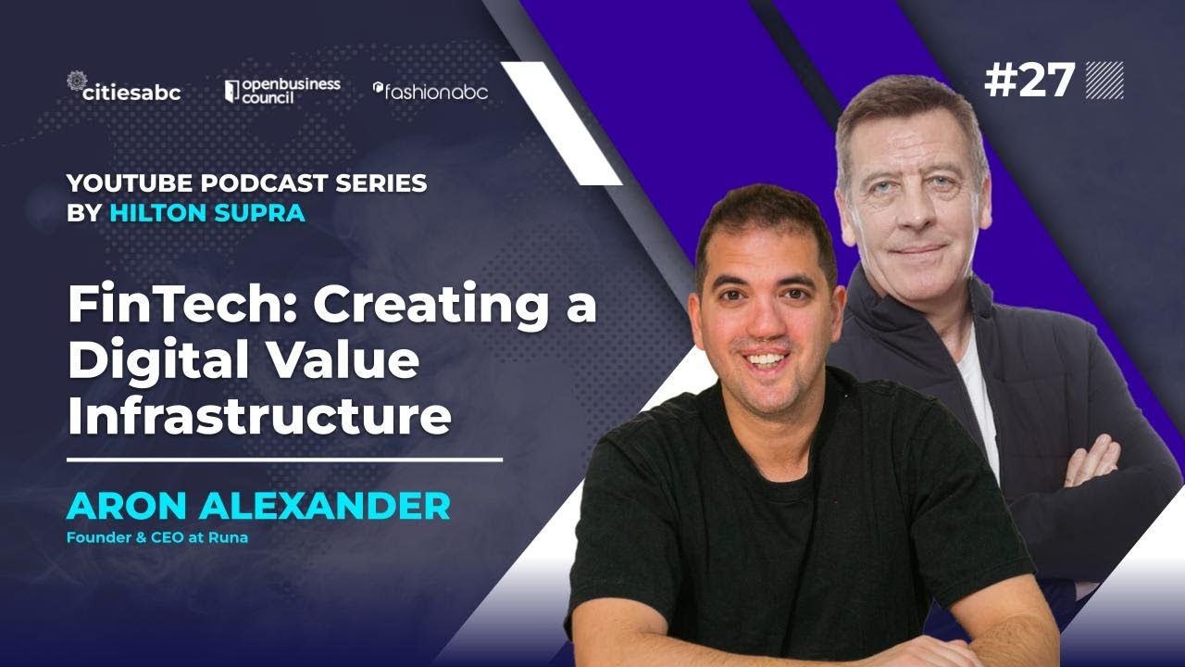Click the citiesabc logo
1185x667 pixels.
click(x=124, y=89)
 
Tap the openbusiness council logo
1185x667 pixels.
click(x=282, y=90)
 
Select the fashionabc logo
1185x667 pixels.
click(x=430, y=91)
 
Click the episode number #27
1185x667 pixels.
click(x=1029, y=82)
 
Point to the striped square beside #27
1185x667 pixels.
click(x=1104, y=81)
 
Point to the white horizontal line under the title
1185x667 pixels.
click(x=284, y=459)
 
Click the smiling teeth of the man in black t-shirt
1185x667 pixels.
click(x=766, y=359)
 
